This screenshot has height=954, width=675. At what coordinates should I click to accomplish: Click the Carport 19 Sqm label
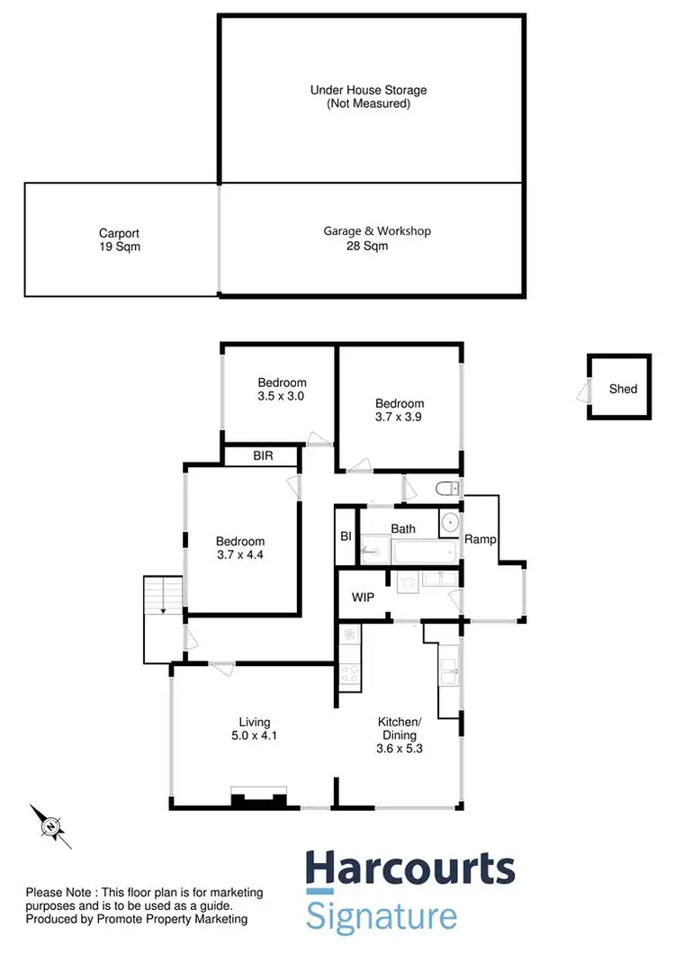pos(120,239)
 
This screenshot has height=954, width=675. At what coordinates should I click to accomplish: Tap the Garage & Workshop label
pos(364,238)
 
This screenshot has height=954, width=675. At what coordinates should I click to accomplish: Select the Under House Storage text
pos(368,97)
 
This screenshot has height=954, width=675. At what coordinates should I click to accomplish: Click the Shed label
pos(623,389)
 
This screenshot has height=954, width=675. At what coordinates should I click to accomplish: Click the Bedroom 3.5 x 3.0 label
pos(282,389)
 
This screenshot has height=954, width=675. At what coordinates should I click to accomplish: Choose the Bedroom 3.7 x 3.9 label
pos(400,410)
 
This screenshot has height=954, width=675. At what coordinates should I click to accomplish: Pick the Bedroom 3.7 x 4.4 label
pos(240,548)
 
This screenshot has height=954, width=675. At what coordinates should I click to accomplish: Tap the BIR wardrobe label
pos(263,457)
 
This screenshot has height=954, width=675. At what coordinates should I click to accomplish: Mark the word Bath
pos(403,529)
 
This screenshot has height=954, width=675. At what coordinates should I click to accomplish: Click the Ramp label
pos(477,539)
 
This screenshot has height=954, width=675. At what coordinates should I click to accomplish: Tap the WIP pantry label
pos(363,598)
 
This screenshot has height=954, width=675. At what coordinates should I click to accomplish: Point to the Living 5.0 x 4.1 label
pos(254,729)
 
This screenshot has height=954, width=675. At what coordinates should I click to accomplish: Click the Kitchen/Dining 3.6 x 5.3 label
pos(399,734)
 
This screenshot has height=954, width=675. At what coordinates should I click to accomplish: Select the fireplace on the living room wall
pos(259,796)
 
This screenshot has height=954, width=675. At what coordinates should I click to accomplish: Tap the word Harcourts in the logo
pos(410,869)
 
